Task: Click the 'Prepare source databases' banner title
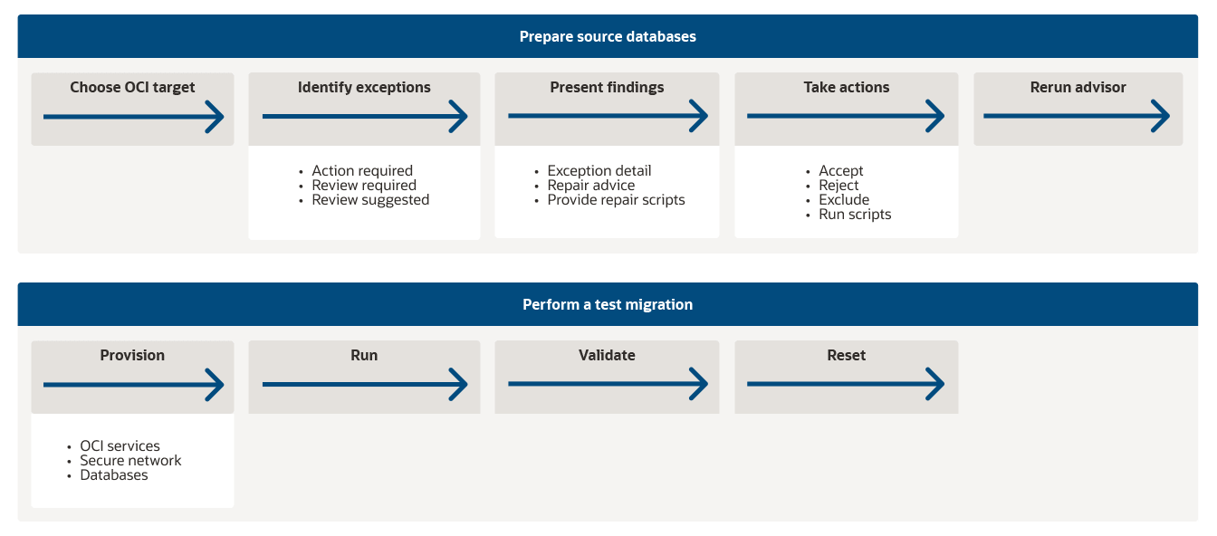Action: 608,37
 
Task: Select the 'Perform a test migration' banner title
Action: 608,305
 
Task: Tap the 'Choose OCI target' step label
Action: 132,88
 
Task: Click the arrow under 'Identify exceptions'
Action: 364,117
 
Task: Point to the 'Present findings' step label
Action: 607,88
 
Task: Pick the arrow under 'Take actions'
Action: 846,117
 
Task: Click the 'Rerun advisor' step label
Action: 1078,88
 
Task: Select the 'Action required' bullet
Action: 362,171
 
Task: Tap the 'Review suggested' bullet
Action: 370,200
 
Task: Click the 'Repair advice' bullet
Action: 591,186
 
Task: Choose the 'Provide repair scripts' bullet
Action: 616,200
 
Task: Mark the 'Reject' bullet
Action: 838,186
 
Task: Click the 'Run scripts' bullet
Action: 855,215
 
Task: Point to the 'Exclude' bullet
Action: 844,200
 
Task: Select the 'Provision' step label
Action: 132,356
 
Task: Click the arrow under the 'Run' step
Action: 364,385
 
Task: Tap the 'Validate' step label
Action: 607,356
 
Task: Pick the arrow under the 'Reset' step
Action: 846,385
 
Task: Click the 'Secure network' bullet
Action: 130,461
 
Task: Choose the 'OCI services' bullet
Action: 120,446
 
